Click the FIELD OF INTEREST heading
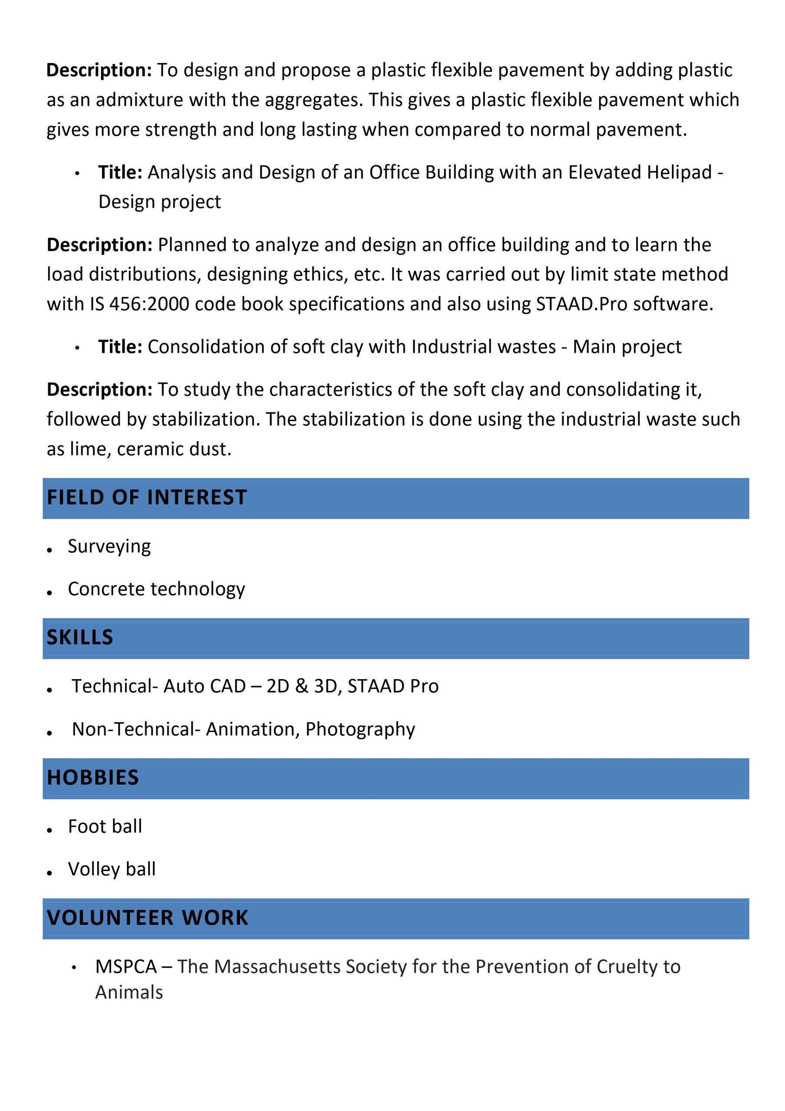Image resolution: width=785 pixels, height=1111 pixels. (x=147, y=497)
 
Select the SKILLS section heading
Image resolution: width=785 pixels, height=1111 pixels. (x=80, y=637)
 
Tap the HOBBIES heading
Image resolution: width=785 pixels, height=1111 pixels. (x=93, y=778)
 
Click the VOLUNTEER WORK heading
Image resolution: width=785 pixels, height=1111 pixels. (x=148, y=917)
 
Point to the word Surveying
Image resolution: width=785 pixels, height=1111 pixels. (x=109, y=546)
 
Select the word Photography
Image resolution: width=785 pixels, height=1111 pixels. (x=360, y=729)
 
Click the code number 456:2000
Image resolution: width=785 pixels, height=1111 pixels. (x=149, y=304)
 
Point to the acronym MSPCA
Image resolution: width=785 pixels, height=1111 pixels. (x=126, y=967)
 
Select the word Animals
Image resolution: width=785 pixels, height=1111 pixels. (x=129, y=993)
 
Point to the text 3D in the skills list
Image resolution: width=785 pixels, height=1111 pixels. (x=325, y=686)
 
